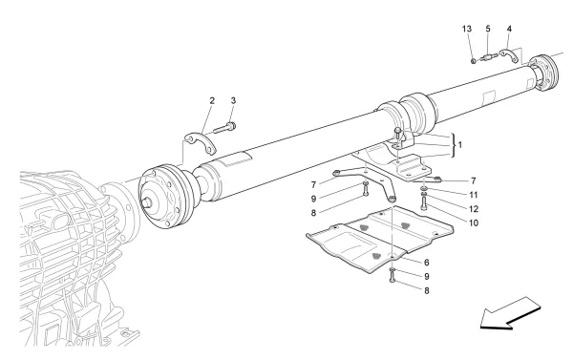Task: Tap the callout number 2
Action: [x=212, y=101]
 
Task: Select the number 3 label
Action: [x=232, y=101]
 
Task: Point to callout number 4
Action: [x=509, y=29]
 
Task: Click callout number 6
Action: [x=427, y=262]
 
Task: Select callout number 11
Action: [x=448, y=191]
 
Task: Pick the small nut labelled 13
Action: [x=474, y=60]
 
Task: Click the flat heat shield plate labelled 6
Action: [x=376, y=239]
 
